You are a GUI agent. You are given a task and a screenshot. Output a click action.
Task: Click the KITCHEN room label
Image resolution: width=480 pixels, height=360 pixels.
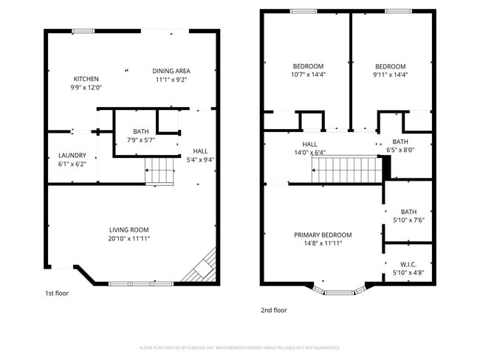click(86, 79)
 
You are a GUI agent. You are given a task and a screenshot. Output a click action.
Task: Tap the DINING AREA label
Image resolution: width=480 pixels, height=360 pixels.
click(171, 71)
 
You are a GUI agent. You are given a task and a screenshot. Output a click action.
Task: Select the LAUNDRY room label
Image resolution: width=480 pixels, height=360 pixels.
click(72, 155)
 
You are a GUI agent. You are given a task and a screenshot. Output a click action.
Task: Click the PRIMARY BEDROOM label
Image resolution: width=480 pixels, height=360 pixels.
click(323, 235)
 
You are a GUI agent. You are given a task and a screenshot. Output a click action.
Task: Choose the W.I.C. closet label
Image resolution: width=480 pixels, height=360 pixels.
click(408, 265)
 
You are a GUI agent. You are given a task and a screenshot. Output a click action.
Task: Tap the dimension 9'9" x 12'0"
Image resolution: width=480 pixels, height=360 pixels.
click(86, 88)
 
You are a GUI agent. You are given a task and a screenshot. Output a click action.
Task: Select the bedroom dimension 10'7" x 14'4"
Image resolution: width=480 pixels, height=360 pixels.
click(308, 75)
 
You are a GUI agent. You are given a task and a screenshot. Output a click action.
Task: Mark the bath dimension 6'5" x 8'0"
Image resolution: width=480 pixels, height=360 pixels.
click(400, 150)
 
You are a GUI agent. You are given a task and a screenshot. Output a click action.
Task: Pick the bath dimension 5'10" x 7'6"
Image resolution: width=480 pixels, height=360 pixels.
click(408, 220)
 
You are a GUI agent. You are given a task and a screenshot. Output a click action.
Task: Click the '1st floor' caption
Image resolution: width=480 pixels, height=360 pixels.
click(57, 293)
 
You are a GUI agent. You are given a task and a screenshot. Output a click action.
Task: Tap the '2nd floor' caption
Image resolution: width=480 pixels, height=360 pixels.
click(273, 311)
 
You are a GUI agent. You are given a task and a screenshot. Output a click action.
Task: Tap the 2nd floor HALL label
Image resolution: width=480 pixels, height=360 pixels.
click(309, 144)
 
